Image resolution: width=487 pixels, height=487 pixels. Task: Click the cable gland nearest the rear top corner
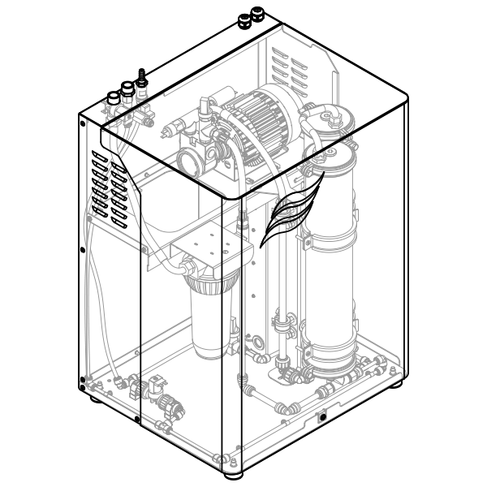coord(259,15)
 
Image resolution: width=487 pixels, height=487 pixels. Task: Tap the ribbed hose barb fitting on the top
coord(143,78)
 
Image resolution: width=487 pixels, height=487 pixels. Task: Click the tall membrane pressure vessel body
coord(333,260)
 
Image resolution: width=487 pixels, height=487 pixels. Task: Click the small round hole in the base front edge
coord(323,416)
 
